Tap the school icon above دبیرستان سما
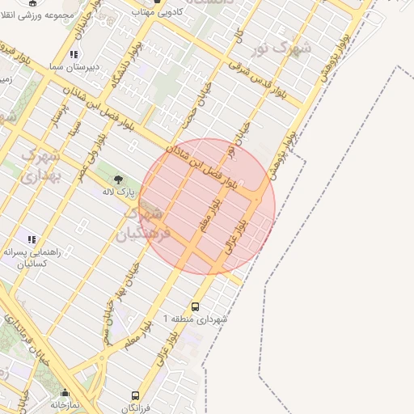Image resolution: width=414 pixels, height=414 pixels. [x=74, y=54]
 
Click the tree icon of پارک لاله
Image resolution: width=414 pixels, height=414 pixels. [x=119, y=180]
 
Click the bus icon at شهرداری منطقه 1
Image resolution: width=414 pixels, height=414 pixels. [x=195, y=307]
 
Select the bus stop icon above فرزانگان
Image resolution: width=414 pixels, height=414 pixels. [x=136, y=395]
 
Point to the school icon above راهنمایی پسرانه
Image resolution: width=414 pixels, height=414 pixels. [x=32, y=239]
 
